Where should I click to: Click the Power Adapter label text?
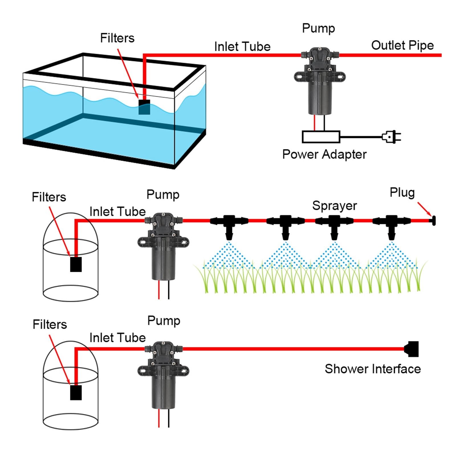pos(324,154)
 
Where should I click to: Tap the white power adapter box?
pos(321,137)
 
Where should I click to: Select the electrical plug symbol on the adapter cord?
pos(392,137)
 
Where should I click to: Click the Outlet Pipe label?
pos(402,46)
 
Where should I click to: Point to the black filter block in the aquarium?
pos(144,107)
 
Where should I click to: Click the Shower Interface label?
pos(373,369)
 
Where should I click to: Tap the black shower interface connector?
pos(412,349)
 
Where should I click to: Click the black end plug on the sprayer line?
pos(433,221)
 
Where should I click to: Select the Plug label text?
pos(402,193)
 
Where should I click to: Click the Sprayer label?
pos(335,206)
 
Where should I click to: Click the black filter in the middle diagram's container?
pos(76,264)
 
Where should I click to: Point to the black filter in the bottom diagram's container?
pos(76,392)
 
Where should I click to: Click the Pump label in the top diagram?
pos(318,28)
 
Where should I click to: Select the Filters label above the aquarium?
pos(117,38)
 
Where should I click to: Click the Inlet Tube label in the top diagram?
pos(242,46)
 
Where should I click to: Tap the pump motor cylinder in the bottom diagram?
pos(163,392)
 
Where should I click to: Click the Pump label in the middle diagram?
pos(163,195)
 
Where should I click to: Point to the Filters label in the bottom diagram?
pos(50,324)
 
